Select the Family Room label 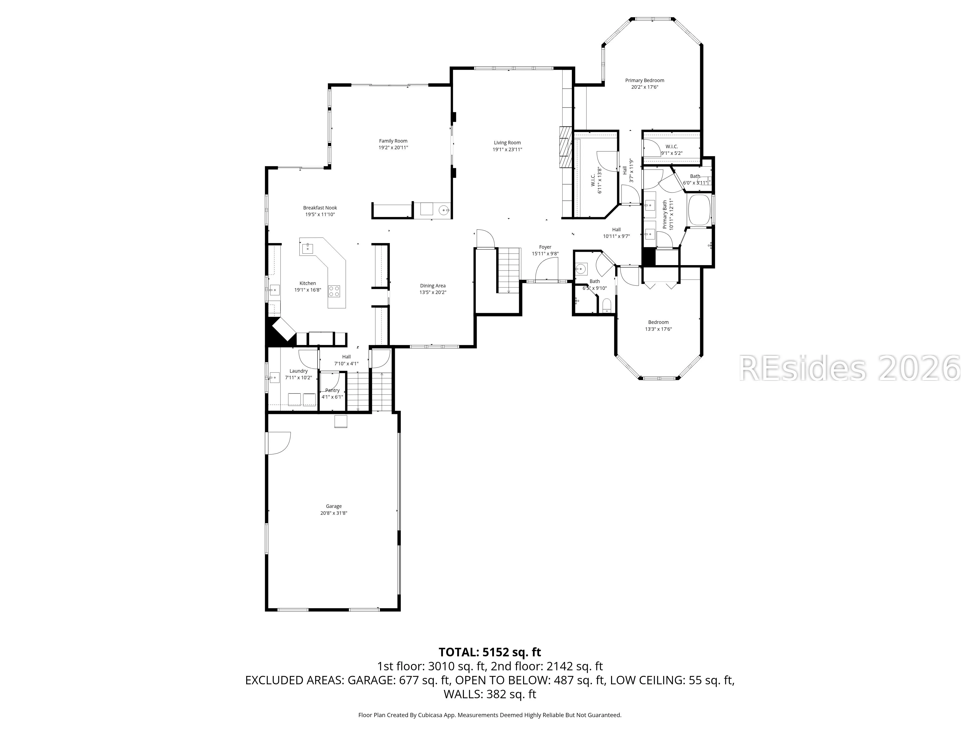click(x=393, y=141)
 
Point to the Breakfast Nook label click(x=320, y=208)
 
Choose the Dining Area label click(x=433, y=286)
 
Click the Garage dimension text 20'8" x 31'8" click(x=334, y=513)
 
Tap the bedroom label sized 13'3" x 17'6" click(x=658, y=322)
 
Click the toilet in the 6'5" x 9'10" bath click(x=607, y=306)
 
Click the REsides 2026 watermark click(x=850, y=368)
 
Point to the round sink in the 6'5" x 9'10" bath click(x=581, y=269)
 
